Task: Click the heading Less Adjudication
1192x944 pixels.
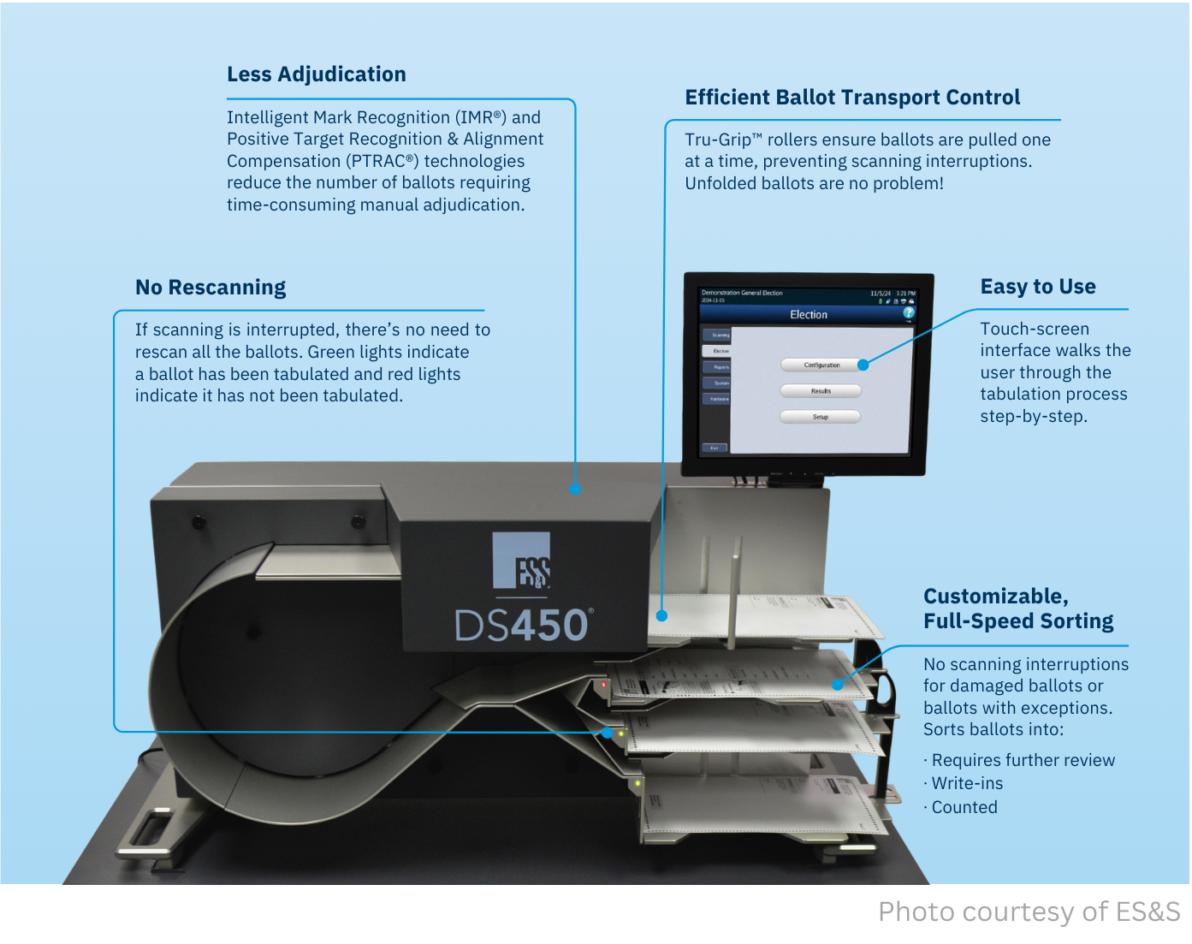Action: tap(316, 74)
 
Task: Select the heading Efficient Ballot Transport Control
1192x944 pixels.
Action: tap(852, 98)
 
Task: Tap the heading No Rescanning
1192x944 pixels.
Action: tap(211, 288)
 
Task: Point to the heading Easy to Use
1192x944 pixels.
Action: tap(1038, 287)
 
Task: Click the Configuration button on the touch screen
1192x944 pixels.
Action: tap(821, 365)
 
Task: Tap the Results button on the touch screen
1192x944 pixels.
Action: tap(821, 391)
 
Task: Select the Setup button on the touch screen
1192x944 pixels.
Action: tap(820, 417)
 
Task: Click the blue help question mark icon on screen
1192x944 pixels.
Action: tap(909, 313)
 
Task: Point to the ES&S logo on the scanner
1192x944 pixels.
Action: tap(521, 561)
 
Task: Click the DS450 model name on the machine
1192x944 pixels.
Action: tap(522, 626)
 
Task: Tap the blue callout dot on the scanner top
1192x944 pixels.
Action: tap(575, 489)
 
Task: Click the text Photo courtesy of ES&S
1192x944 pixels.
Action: tap(1029, 911)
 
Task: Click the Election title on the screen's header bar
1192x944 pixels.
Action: tap(809, 315)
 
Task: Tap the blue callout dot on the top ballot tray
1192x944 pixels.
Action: tap(661, 615)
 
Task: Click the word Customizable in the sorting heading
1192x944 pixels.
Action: tap(995, 597)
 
